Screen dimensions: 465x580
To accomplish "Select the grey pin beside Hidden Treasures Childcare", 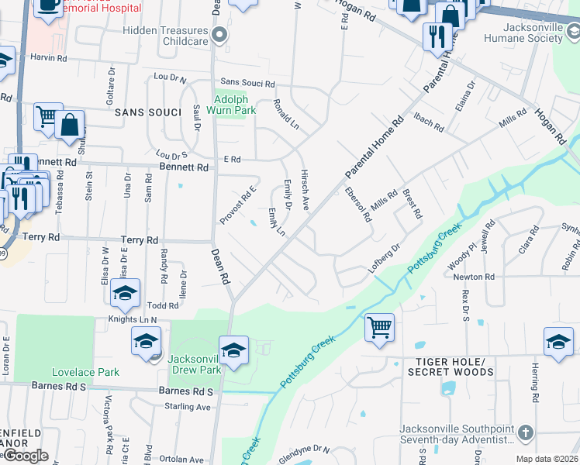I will tap(220, 34).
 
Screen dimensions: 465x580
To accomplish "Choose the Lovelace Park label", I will tap(85, 372).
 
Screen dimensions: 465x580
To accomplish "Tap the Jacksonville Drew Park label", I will tap(195, 364).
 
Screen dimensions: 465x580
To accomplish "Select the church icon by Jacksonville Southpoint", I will tap(525, 432).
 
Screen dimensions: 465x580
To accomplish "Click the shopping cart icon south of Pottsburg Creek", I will tap(379, 326).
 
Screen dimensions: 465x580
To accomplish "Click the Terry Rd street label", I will tap(140, 240).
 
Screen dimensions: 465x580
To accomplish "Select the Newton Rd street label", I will tap(474, 277).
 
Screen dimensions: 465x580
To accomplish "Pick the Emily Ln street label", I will tap(276, 222).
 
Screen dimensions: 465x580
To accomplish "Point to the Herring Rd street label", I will tap(535, 383).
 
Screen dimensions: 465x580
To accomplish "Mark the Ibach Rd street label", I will tap(428, 122).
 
